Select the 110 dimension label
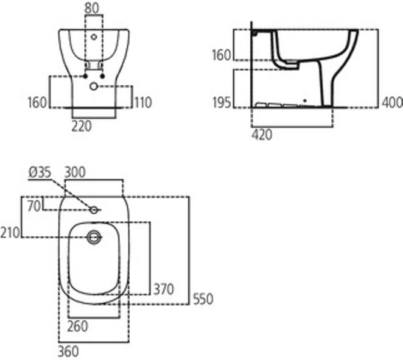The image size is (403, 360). pyautogui.click(x=142, y=103)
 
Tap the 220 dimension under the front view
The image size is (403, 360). pyautogui.click(x=82, y=126)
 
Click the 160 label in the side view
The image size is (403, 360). pyautogui.click(x=222, y=55)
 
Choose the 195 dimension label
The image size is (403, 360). pyautogui.click(x=222, y=103)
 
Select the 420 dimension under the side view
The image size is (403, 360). pyautogui.click(x=262, y=135)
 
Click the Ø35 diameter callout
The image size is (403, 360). pyautogui.click(x=39, y=173)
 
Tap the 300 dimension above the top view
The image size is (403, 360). pyautogui.click(x=75, y=173)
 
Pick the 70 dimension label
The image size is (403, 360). pyautogui.click(x=33, y=206)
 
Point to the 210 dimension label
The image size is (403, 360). pyautogui.click(x=10, y=231)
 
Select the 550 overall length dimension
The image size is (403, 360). pyautogui.click(x=203, y=299)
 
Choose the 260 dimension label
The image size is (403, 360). pyautogui.click(x=77, y=326)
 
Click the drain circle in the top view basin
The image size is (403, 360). pyautogui.click(x=94, y=237)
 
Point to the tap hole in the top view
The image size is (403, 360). pyautogui.click(x=94, y=210)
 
